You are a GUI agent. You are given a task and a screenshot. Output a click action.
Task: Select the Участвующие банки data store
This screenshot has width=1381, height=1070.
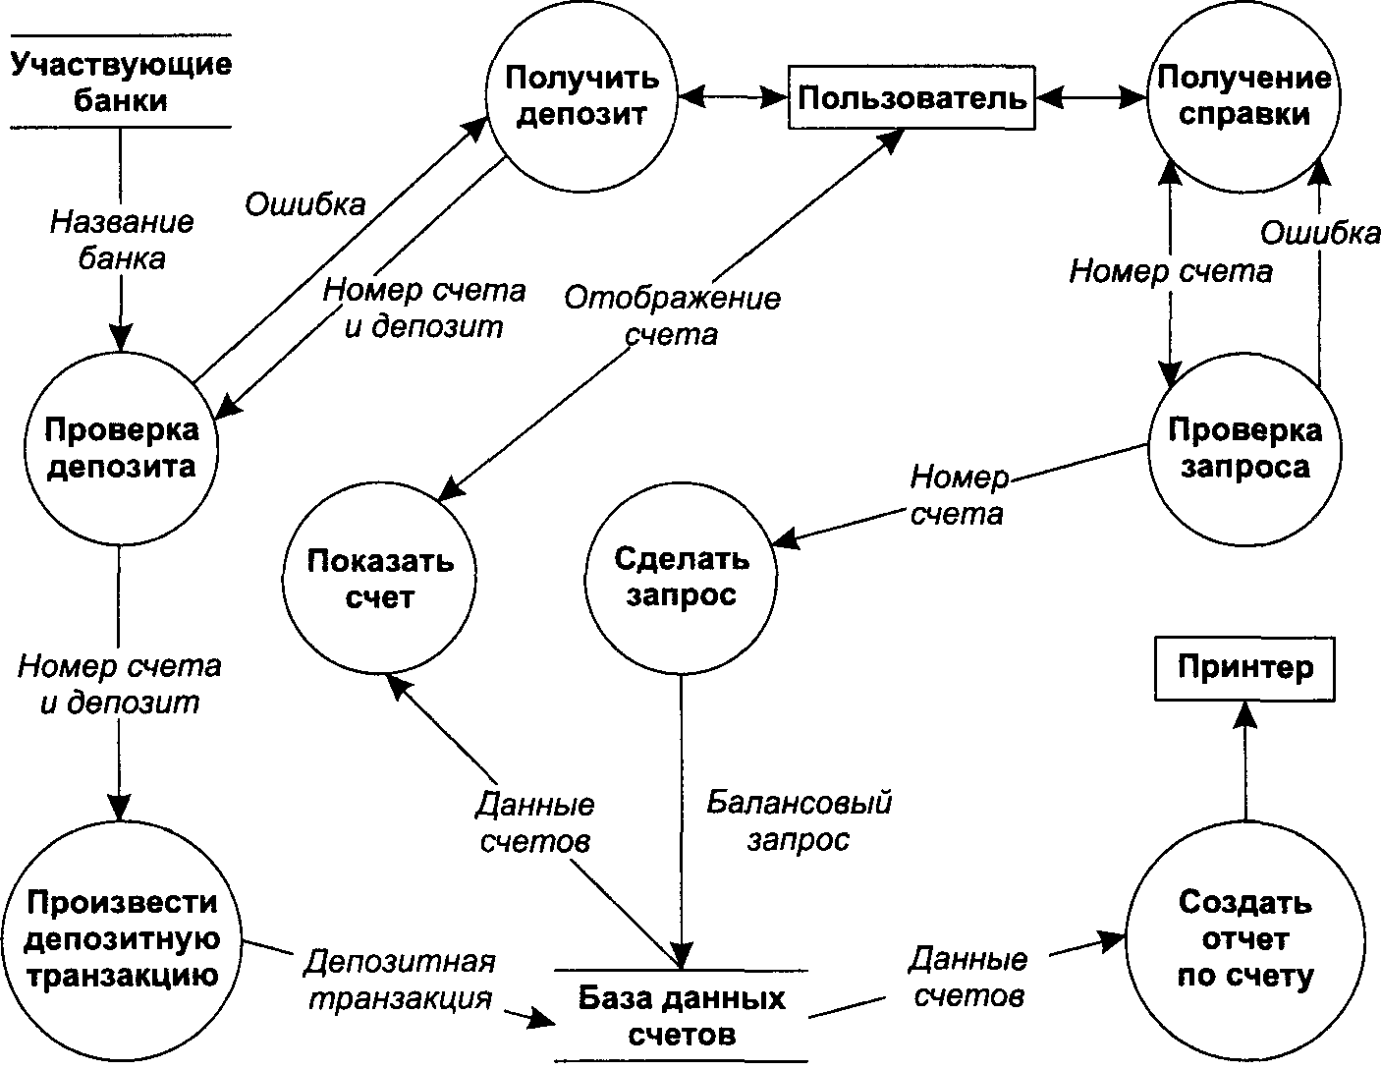tap(121, 82)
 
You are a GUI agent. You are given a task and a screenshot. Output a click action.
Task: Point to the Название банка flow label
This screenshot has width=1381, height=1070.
tap(122, 241)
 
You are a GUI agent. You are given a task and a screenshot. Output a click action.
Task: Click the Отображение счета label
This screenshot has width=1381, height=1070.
tap(673, 316)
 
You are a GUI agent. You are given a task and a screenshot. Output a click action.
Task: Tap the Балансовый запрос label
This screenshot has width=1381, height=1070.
tap(800, 820)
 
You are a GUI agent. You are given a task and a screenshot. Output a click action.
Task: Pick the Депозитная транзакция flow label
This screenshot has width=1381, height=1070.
tap(400, 980)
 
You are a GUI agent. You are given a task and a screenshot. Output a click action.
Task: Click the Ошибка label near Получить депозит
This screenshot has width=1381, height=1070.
tap(305, 204)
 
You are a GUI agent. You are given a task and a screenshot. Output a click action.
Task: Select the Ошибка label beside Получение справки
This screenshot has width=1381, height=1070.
tap(1320, 233)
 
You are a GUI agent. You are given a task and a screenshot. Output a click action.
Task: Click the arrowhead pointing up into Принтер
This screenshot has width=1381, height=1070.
tap(1245, 715)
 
